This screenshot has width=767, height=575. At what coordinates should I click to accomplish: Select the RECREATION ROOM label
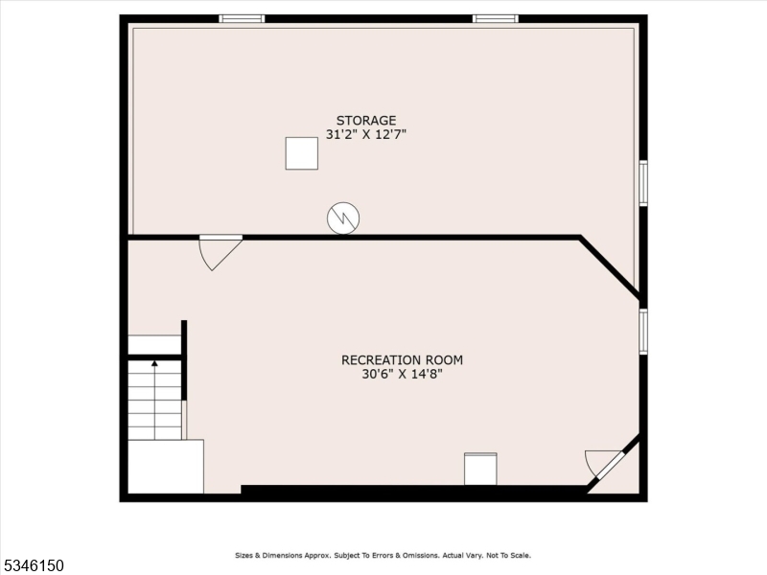(x=402, y=360)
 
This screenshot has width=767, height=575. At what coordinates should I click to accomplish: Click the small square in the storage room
(x=301, y=153)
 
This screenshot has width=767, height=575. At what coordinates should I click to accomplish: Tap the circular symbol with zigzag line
(x=342, y=218)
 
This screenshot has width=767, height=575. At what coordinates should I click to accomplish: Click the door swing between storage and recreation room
(x=218, y=251)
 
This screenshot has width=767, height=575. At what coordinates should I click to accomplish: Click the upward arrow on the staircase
(x=154, y=365)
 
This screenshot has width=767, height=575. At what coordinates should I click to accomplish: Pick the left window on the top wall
(x=242, y=18)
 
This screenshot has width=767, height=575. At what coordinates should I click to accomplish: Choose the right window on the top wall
(x=495, y=18)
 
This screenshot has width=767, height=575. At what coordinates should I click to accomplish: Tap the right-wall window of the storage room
(x=643, y=183)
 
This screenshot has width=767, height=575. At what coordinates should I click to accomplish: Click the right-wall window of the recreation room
(x=643, y=332)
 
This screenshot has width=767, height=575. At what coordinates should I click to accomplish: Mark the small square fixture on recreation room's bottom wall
(x=480, y=470)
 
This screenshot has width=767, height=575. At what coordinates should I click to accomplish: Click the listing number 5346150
(x=34, y=566)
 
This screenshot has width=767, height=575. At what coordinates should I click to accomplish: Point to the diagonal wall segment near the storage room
(x=610, y=266)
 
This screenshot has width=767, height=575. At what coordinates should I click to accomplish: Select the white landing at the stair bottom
(x=165, y=467)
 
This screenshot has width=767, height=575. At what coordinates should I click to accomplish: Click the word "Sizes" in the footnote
(x=246, y=556)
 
